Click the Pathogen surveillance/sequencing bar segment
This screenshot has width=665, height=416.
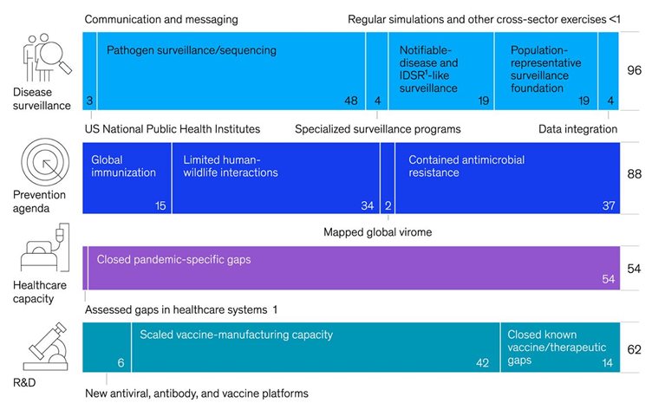coord(231,71)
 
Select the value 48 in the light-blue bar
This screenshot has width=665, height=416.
coord(351,101)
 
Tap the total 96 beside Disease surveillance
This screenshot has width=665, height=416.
coord(634,70)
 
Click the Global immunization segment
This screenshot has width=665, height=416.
coord(127,178)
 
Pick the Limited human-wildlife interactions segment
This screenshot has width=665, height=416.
coord(276,178)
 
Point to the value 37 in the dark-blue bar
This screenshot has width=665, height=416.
coord(609,205)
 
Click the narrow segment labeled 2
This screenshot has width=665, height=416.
coord(388,178)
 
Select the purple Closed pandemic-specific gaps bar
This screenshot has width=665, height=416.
coord(354,268)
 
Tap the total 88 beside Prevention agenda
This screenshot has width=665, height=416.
coord(634,174)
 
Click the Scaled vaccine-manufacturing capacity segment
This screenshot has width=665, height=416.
coord(316,347)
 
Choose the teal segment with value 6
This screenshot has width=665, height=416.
coord(107,347)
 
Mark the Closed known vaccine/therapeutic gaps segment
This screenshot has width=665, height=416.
coord(560,347)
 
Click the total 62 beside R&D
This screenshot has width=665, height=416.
coord(634,349)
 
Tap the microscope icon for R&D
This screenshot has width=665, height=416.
coord(46,347)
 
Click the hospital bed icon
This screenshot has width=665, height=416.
coord(44,248)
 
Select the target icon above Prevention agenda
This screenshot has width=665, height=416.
coord(45,162)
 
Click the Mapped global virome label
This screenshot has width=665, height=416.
coord(377,232)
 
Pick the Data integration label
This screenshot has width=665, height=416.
coord(577,129)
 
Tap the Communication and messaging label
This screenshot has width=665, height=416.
coord(161,20)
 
